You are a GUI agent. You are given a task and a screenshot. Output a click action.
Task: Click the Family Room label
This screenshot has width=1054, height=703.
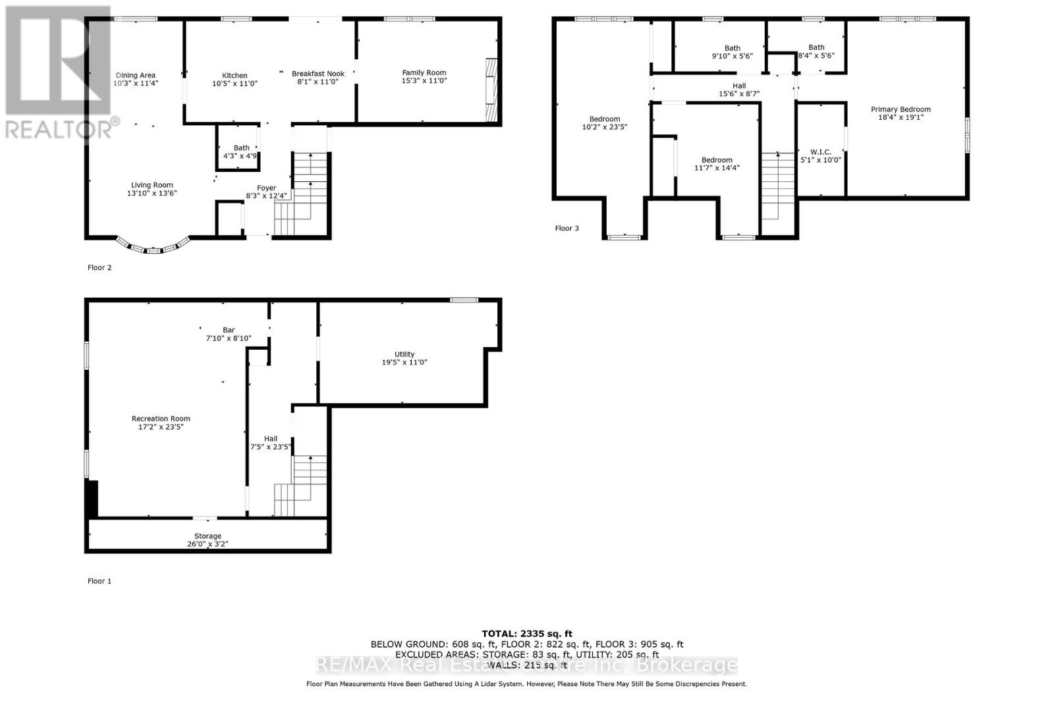coord(424,73)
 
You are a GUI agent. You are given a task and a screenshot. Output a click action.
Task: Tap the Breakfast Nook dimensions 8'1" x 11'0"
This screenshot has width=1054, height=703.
coord(318,82)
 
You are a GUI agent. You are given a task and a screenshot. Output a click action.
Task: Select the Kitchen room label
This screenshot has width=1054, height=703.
coord(235,76)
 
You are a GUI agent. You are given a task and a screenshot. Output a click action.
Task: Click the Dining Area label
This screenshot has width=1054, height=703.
coord(136,75)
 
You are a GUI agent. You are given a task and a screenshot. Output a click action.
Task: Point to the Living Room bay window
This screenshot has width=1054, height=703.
coord(153,248)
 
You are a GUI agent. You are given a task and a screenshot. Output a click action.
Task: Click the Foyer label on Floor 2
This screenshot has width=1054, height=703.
coord(266,188)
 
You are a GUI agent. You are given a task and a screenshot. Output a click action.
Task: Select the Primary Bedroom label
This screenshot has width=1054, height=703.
coord(901,109)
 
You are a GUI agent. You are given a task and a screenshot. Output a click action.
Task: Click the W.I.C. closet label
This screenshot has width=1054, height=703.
coord(820,152)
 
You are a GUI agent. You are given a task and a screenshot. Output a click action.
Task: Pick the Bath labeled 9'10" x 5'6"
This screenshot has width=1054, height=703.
coord(732,52)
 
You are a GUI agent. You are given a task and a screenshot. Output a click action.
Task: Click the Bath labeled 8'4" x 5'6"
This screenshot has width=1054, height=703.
coord(816,51)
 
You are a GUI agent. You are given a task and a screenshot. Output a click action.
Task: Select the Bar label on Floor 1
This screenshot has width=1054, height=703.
coord(229,330)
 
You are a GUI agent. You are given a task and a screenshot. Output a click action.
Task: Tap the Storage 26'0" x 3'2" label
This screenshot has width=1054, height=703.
coord(208,540)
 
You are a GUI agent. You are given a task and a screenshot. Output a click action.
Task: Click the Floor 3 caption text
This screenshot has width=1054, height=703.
coord(567,229)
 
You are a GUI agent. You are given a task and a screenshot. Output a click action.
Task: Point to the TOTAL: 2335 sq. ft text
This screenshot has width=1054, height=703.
coord(527,633)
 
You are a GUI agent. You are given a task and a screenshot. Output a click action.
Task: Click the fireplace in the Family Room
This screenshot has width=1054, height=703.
coord(491,90)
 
